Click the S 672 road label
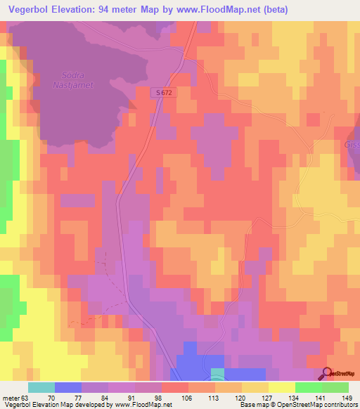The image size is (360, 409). click(164, 92)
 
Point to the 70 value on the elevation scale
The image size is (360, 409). click(54, 397)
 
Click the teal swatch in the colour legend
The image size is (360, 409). click(41, 387)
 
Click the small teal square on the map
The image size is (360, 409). click(218, 372)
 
